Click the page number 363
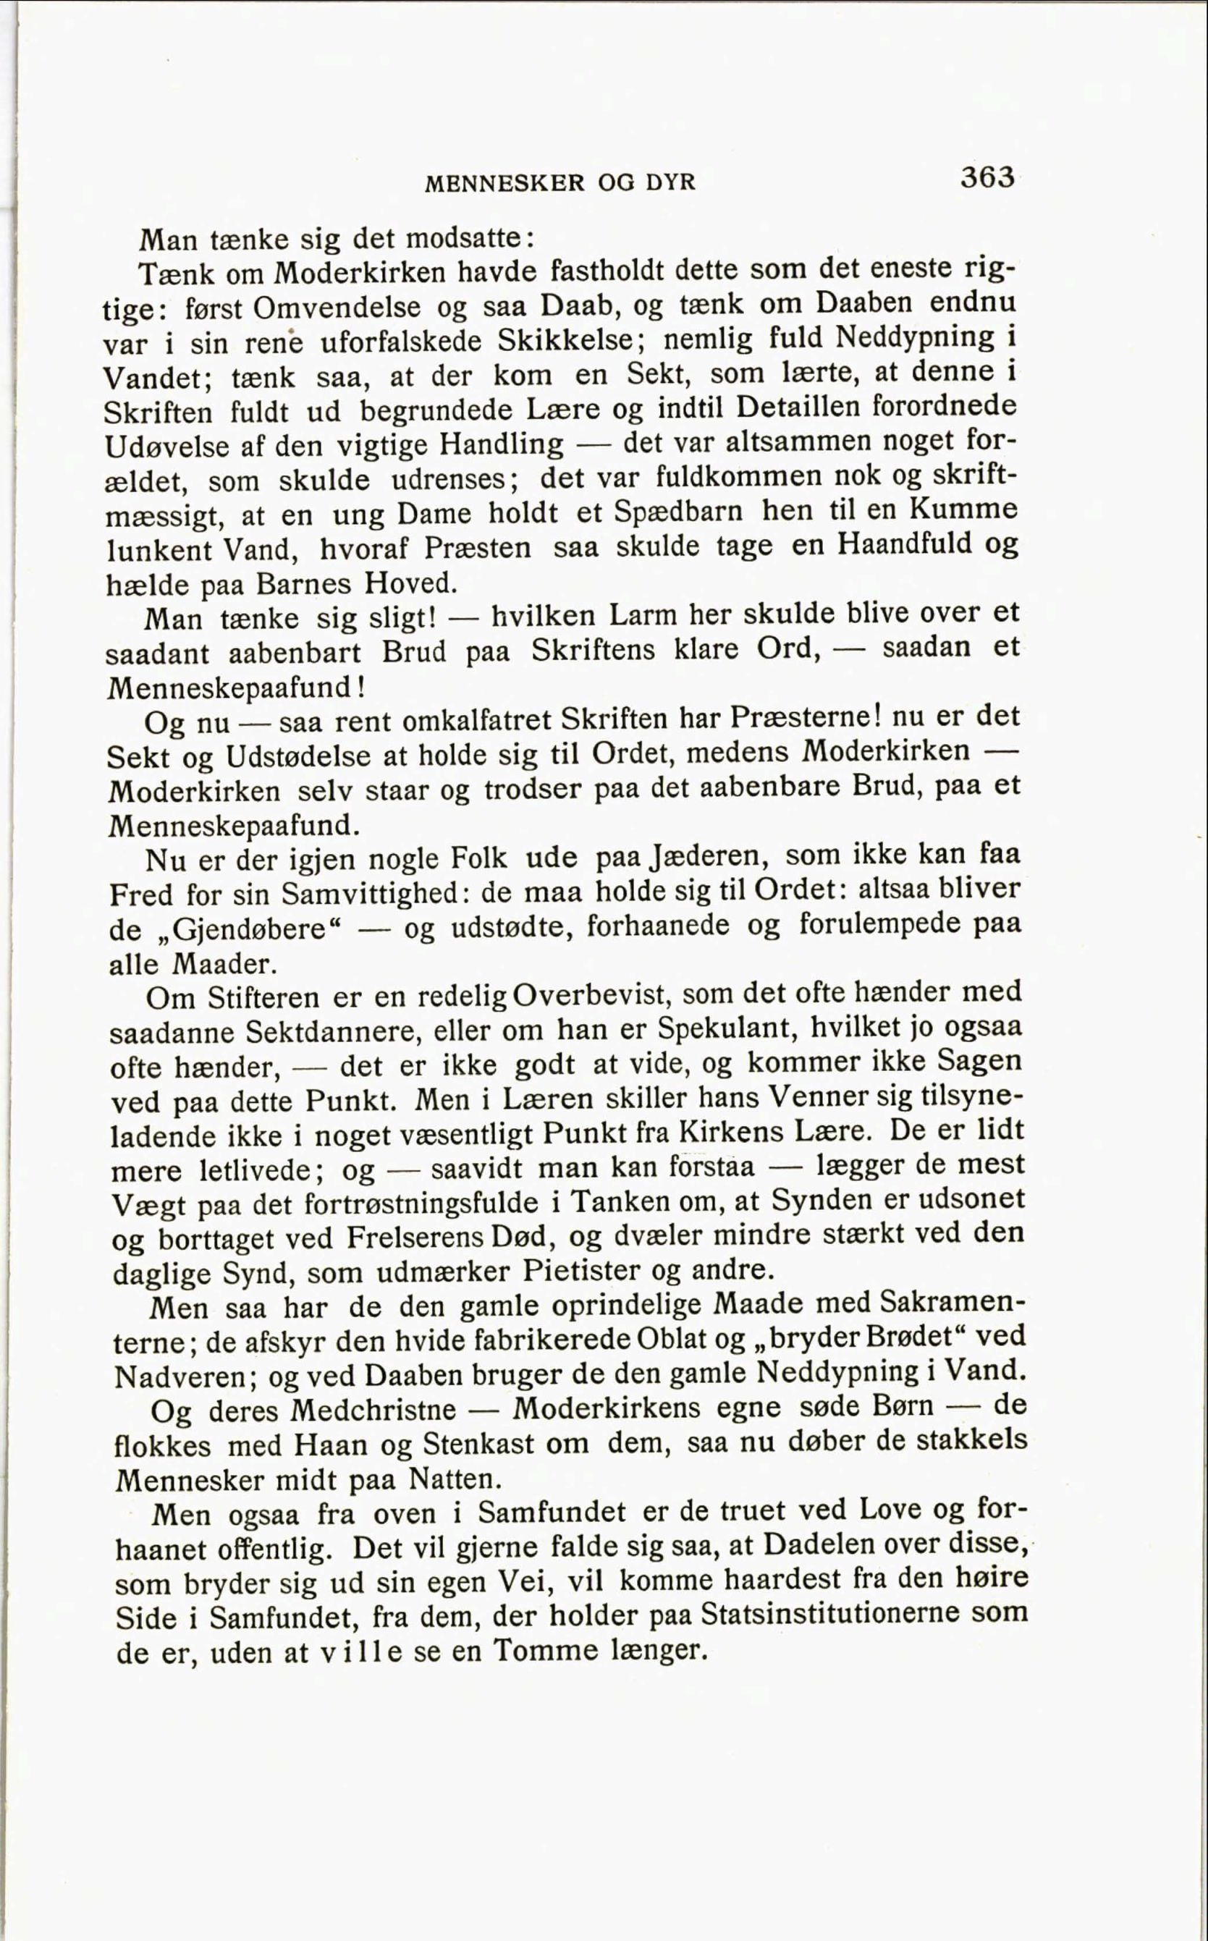click(x=987, y=177)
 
